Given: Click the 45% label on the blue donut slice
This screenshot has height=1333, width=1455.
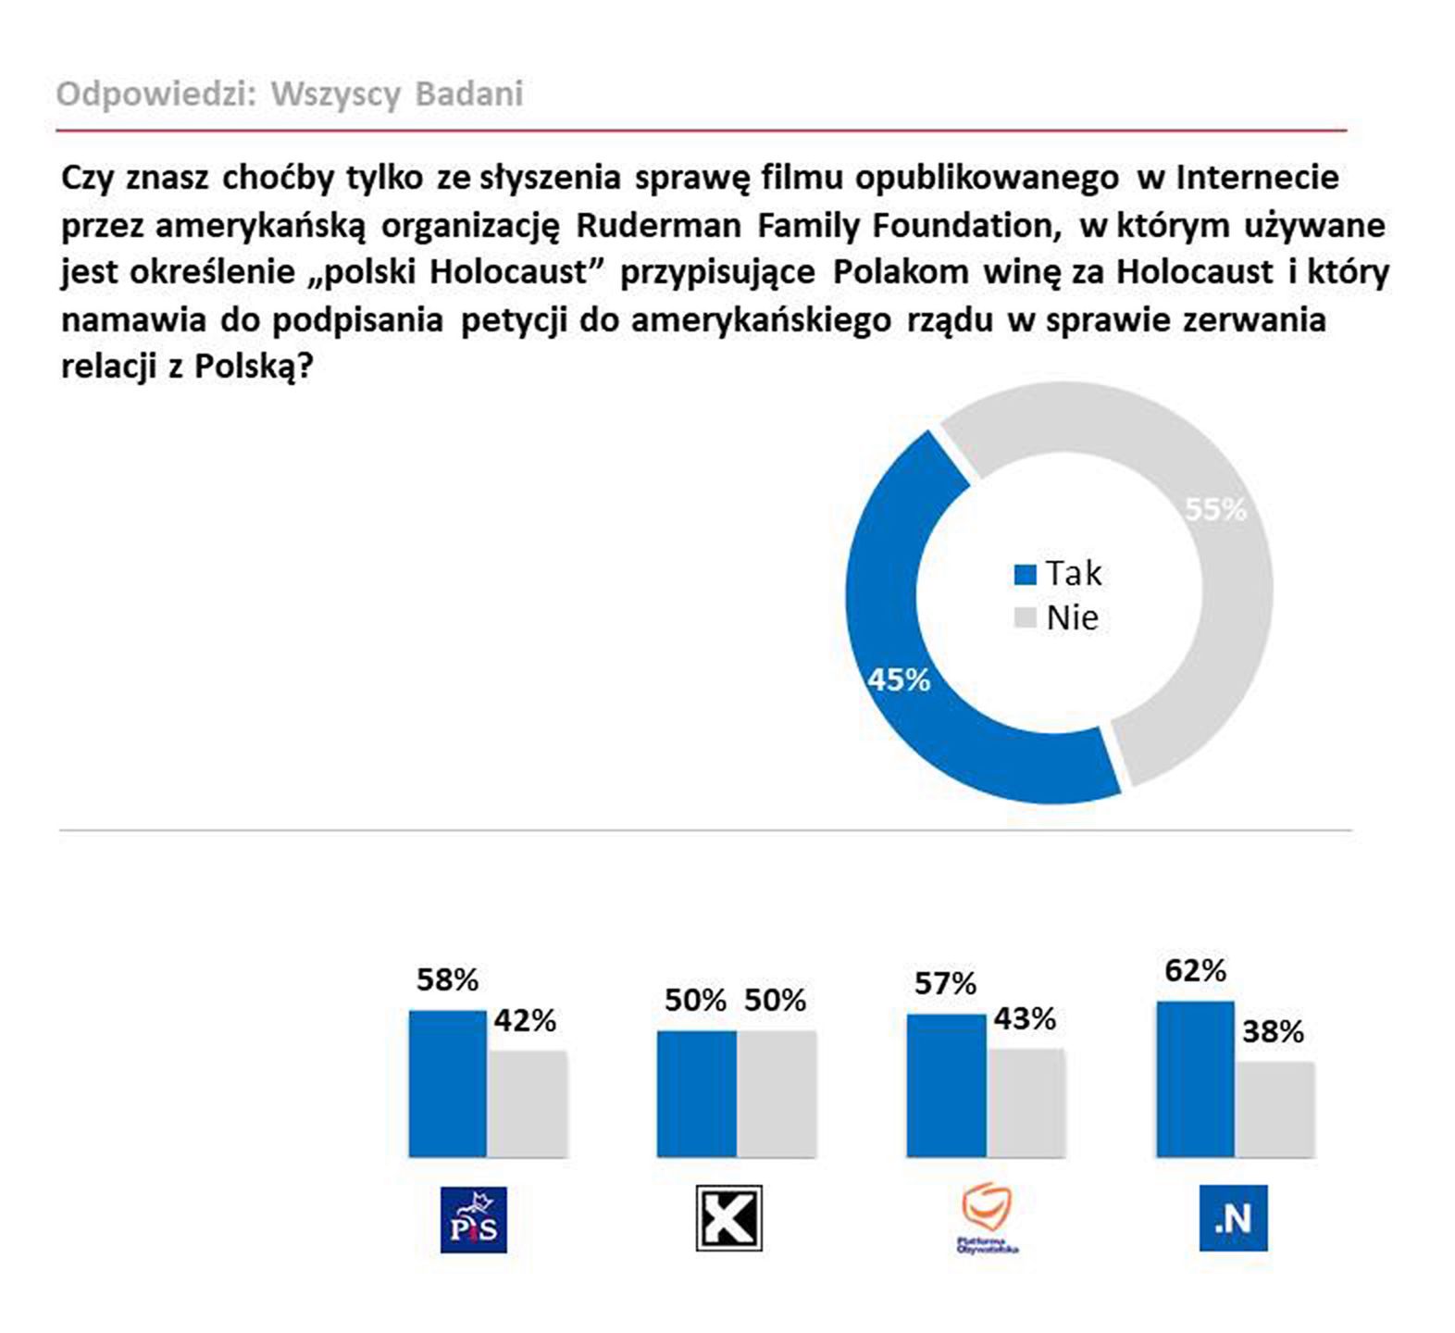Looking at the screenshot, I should (898, 680).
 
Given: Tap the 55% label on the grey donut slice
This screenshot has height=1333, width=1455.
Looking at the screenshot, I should (1215, 509).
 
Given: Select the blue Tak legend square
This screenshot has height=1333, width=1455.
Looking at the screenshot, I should (1025, 575).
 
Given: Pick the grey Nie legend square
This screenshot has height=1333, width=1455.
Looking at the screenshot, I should (1025, 618).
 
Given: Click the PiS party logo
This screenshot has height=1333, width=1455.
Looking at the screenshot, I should (473, 1219).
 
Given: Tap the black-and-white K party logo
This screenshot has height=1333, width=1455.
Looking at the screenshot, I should (728, 1217).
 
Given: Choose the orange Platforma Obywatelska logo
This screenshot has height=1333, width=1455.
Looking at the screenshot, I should (987, 1217).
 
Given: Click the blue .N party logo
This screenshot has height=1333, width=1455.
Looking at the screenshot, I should (1233, 1218).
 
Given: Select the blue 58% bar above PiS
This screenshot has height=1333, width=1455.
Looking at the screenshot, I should (447, 1083).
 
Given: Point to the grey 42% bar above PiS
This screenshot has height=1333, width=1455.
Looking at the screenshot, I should (527, 1103).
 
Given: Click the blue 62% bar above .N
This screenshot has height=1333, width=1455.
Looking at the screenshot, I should (1195, 1078).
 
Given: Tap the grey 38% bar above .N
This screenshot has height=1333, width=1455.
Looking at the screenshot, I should (1275, 1109).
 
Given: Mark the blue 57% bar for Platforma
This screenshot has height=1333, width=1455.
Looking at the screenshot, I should (946, 1085).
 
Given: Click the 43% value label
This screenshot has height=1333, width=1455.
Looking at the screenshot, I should (1025, 1019).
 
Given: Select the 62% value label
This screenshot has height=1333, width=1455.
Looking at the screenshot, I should (1195, 971).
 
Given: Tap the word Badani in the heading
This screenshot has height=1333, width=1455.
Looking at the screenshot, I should (469, 93).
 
